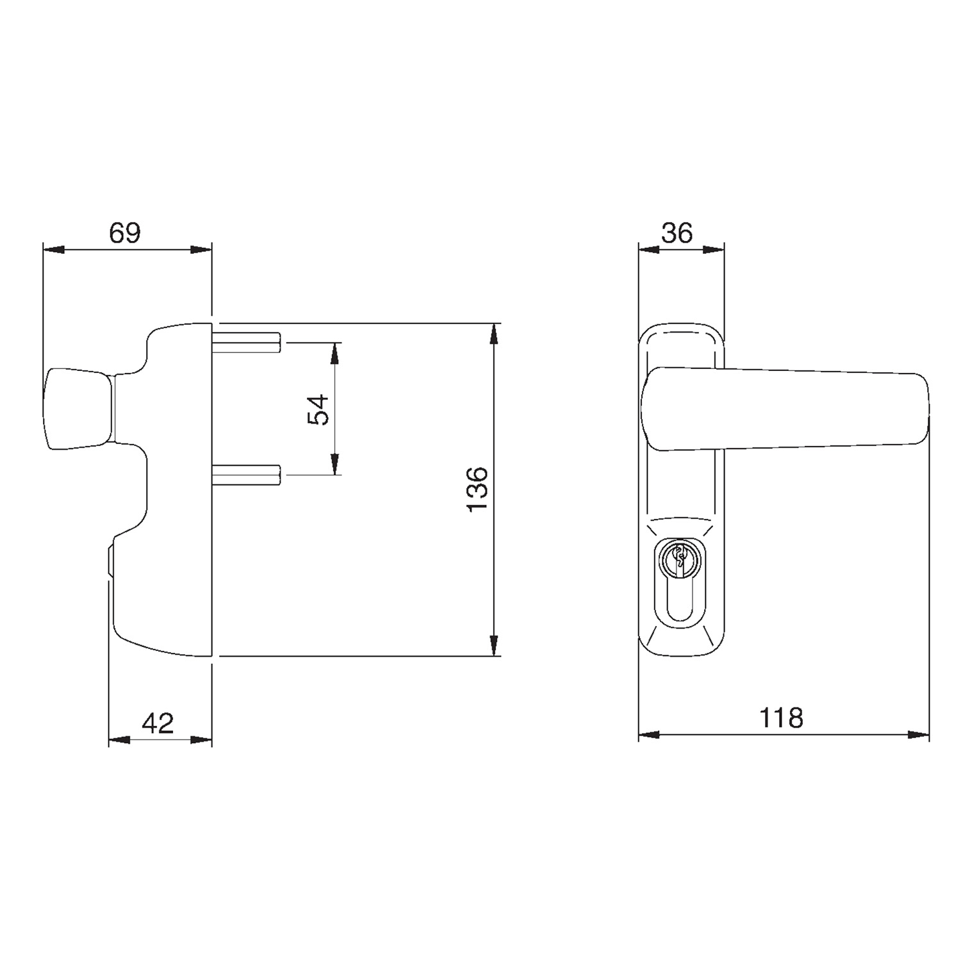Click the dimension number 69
click(x=124, y=233)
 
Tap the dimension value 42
click(x=158, y=723)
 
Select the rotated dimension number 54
click(x=318, y=409)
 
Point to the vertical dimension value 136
click(x=477, y=489)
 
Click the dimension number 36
click(x=677, y=233)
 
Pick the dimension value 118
click(x=781, y=718)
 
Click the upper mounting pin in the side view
click(x=247, y=343)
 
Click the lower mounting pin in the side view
click(x=247, y=475)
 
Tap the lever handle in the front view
click(x=785, y=409)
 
